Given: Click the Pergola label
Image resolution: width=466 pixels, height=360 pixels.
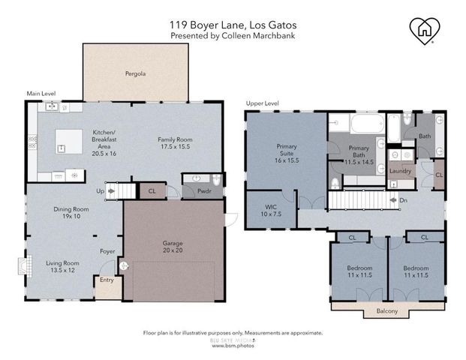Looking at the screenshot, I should tap(135, 74).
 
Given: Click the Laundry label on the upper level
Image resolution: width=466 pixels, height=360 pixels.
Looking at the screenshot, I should tap(401, 171).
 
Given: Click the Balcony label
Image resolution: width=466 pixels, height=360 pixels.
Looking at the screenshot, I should tap(377, 310).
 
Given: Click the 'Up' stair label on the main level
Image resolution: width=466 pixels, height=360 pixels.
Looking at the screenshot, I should tap(101, 191).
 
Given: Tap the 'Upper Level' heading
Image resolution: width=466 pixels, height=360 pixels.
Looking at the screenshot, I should tap(262, 103).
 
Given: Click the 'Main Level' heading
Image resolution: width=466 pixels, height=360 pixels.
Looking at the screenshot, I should tap(41, 94).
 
